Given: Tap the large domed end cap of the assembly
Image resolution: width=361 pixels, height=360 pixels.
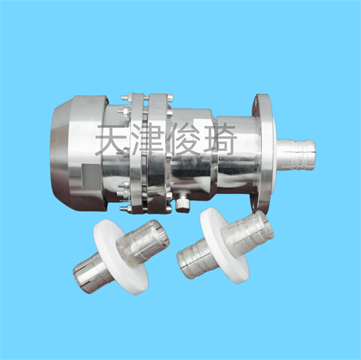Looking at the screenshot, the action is click(78, 153).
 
